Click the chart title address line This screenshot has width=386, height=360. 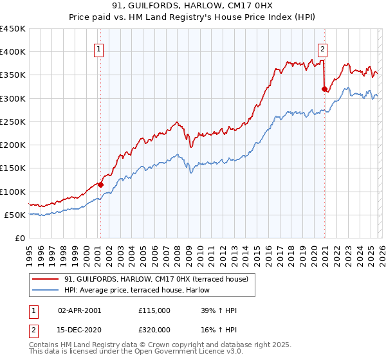(x=192, y=6)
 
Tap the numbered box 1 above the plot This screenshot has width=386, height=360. (x=100, y=48)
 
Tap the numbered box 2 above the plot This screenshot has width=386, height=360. (x=322, y=48)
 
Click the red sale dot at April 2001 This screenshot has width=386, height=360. (x=101, y=184)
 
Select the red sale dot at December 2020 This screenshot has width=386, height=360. (x=324, y=89)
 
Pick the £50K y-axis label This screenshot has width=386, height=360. (x=15, y=215)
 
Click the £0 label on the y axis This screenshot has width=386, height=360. (x=19, y=238)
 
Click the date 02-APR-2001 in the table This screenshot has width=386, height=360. (x=79, y=310)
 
